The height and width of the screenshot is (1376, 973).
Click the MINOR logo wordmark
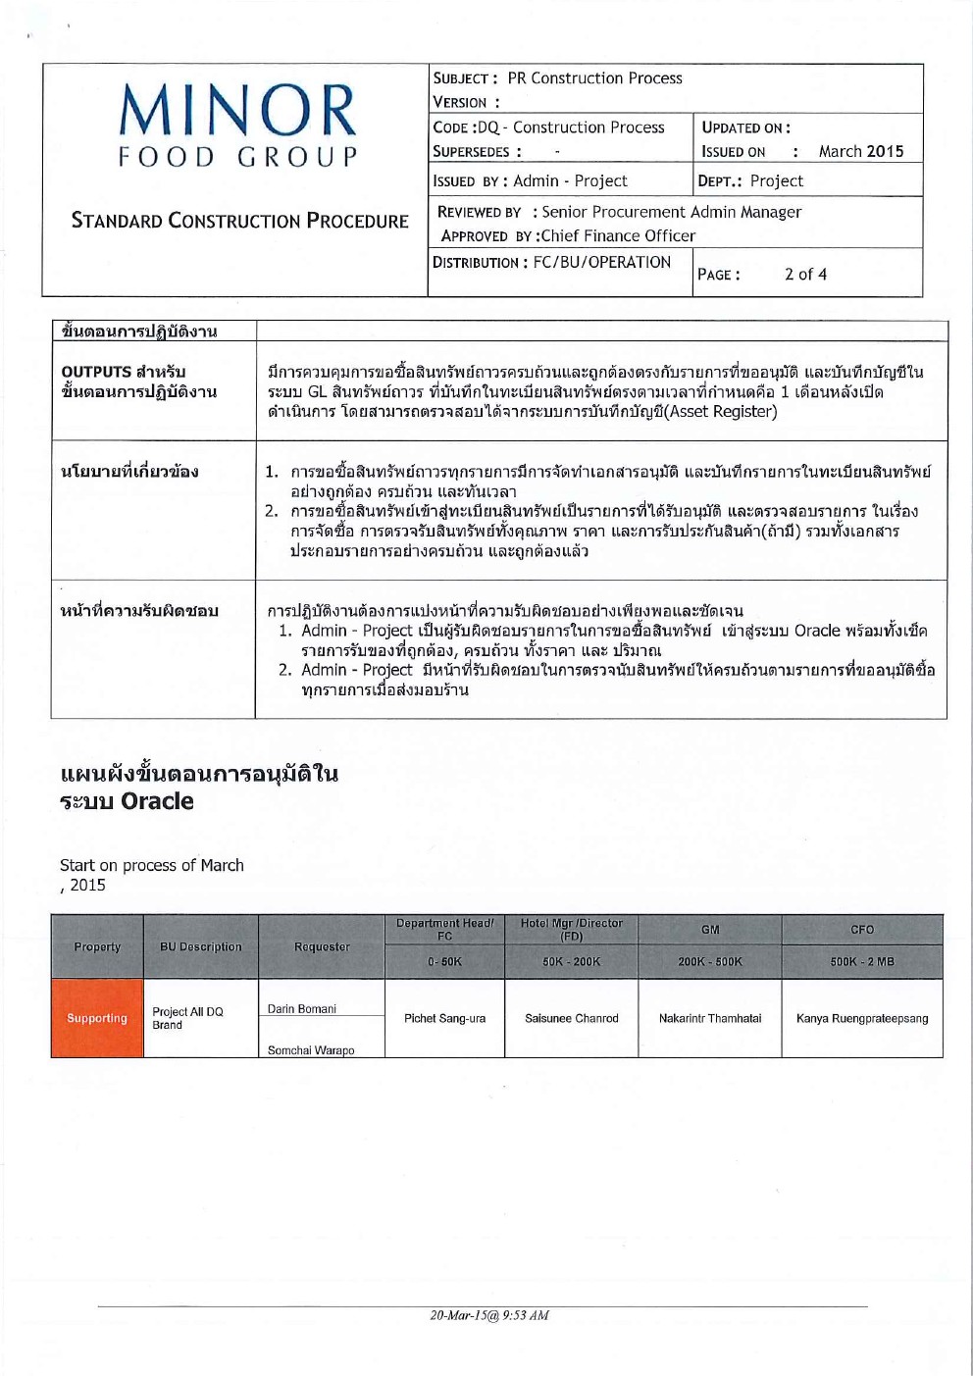237,110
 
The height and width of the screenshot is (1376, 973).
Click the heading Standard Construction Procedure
239,221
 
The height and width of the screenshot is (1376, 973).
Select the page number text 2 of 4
805,275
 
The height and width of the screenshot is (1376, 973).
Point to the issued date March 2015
861,151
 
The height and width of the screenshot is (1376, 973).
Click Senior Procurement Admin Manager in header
672,212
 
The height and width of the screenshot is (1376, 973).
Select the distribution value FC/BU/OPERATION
601,262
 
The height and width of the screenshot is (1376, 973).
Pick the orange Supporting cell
97,1018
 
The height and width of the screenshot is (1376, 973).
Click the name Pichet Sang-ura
444,1018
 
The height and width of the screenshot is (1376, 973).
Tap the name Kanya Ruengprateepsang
862,1018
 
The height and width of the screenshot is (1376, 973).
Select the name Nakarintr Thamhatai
710,1018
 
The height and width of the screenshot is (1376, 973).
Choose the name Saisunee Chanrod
571,1018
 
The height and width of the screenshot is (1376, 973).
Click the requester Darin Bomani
302,1009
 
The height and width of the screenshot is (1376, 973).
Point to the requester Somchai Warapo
311,1050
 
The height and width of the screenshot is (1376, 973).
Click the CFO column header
862,929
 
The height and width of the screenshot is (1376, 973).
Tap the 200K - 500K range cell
710,962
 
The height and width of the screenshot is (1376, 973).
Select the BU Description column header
200,946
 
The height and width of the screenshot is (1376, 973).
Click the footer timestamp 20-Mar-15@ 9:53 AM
489,1315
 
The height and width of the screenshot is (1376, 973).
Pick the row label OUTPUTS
96,372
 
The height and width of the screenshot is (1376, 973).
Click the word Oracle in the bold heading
157,801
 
